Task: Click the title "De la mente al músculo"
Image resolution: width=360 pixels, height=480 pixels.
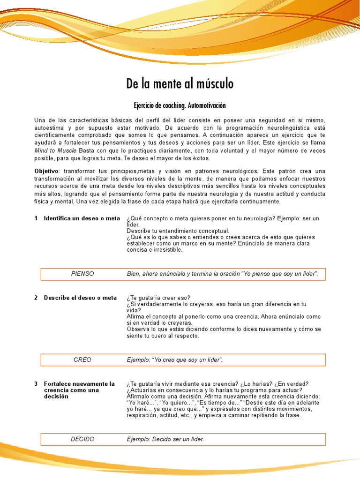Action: pos(180,84)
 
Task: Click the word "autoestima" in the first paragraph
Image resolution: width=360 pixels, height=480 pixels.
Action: pos(49,128)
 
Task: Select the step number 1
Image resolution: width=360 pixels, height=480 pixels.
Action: pos(36,218)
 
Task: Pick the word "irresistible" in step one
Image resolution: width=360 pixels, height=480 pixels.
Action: pos(165,249)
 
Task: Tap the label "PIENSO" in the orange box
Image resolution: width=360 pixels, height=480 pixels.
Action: pos(82,274)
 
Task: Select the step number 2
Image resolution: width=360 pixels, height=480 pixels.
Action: pos(36,298)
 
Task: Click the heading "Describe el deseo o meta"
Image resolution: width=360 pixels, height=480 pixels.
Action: pos(80,298)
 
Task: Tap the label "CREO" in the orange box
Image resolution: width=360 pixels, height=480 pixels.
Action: pos(82,360)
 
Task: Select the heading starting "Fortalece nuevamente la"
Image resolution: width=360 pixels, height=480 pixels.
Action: pos(79,384)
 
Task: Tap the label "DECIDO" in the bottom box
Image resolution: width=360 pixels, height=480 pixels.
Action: pos(82,439)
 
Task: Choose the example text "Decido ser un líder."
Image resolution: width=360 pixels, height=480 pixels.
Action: pos(165,439)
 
